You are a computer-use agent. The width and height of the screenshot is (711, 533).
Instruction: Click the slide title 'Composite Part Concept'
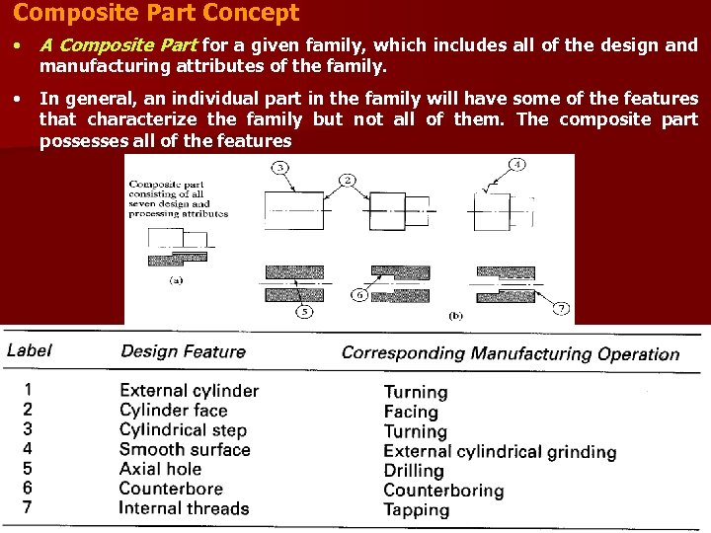156,14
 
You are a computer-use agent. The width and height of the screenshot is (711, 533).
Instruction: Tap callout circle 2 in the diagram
348,180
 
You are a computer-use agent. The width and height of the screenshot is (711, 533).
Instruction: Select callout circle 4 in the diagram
517,164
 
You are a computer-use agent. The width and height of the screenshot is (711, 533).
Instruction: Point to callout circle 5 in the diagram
304,312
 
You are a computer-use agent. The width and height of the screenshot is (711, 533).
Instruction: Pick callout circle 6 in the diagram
360,294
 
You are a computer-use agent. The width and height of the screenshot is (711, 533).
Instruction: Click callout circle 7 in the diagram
561,309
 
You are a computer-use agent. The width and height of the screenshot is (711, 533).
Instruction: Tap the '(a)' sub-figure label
177,279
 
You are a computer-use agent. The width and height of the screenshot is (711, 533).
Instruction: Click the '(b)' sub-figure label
456,316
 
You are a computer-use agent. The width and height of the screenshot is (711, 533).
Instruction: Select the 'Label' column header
30,350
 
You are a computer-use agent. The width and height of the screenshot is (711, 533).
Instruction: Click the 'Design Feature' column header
183,351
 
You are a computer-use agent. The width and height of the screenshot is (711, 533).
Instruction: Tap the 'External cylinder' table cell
189,391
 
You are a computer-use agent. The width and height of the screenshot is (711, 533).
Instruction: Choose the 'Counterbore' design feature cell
171,489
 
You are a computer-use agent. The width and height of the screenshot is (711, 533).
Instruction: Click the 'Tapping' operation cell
416,510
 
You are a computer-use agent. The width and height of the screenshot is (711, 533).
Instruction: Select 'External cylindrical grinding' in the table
500,452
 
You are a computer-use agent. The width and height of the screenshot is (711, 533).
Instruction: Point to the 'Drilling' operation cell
414,471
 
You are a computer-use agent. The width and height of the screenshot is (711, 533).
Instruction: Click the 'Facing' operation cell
411,412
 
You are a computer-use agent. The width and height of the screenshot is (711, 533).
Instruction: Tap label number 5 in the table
28,469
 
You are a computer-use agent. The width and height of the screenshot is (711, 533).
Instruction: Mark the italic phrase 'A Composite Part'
118,45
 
